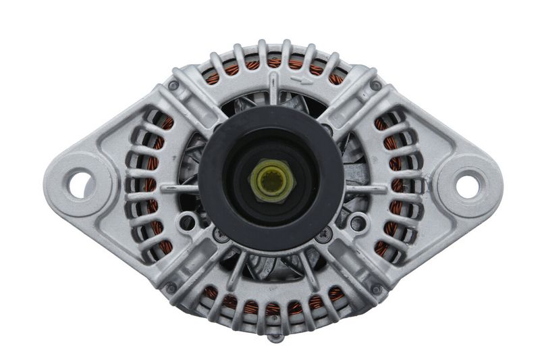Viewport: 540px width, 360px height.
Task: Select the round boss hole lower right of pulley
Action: (x=358, y=221)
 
